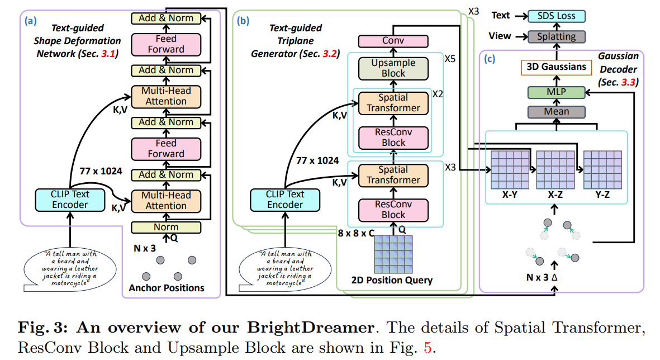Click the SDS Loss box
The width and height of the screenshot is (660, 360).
[x=556, y=16]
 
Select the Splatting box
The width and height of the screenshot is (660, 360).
[x=556, y=36]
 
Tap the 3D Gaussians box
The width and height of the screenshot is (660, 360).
[x=556, y=68]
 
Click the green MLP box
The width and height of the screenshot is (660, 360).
[x=556, y=92]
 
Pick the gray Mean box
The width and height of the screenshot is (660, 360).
[x=556, y=111]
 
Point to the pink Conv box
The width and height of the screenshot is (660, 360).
[x=393, y=41]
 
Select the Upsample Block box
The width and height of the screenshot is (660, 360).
[x=393, y=68]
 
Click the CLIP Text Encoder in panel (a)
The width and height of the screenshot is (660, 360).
[x=70, y=200]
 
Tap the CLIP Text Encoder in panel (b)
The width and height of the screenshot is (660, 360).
[x=286, y=200]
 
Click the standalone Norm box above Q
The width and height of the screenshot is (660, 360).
[x=166, y=227]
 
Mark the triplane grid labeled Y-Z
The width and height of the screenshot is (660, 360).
[x=602, y=170]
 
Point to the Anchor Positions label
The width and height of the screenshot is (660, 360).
[x=166, y=288]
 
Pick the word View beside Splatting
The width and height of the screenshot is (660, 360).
[x=500, y=36]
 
